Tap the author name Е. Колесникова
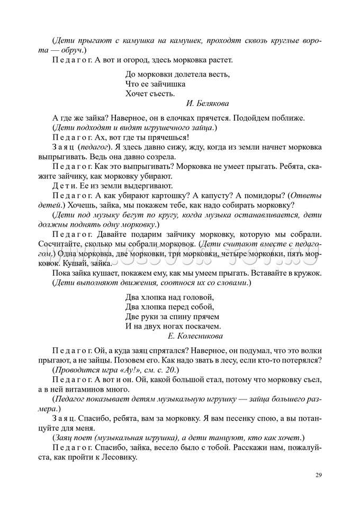coord(195,335)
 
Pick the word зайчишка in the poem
coord(168,84)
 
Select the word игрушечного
coord(161,128)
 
